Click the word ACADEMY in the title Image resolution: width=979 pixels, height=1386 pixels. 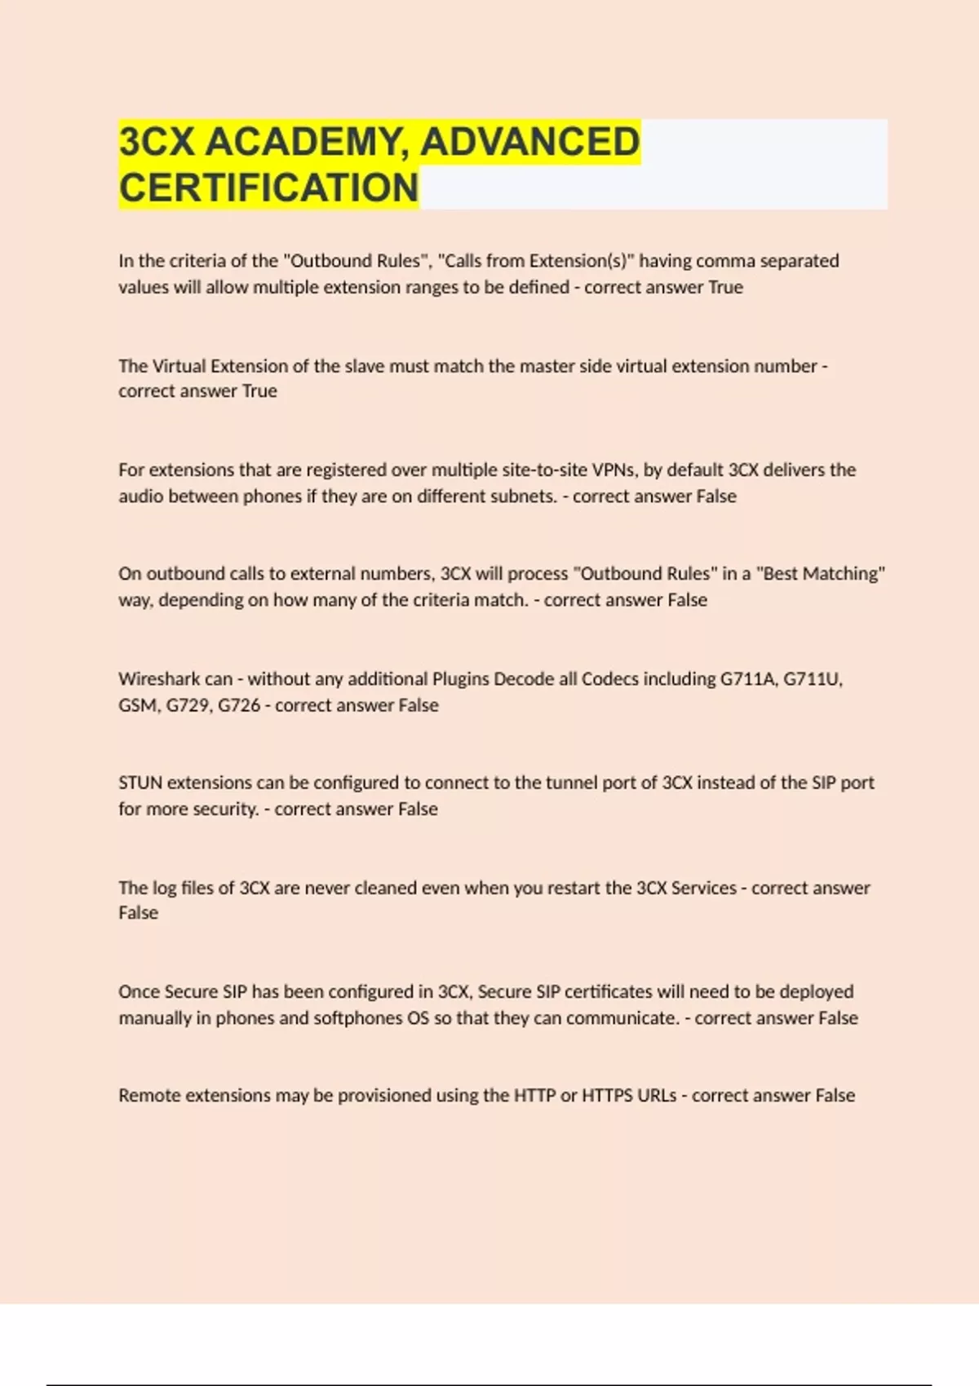tap(308, 142)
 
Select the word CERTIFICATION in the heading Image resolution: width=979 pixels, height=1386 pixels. tap(268, 188)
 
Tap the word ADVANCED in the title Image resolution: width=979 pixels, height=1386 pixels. tap(530, 142)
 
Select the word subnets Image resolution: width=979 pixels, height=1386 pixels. tap(522, 497)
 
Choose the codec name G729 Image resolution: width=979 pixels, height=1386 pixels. tap(189, 705)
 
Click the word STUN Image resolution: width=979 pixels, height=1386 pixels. tap(140, 783)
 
